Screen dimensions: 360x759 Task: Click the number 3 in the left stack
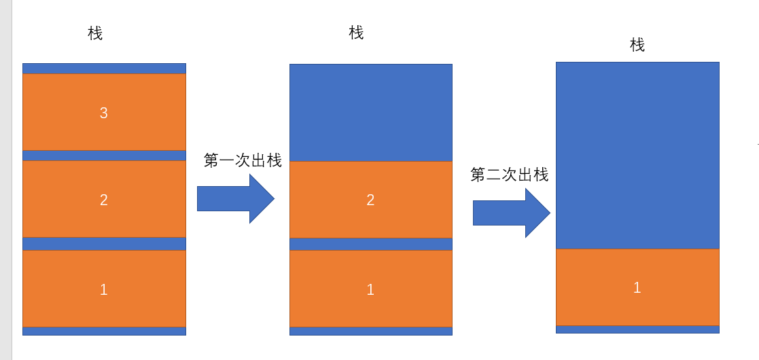pyautogui.click(x=104, y=113)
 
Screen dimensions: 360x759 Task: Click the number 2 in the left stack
pyautogui.click(x=104, y=200)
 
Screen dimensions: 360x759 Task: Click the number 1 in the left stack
pyautogui.click(x=104, y=290)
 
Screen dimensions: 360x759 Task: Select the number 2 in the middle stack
pyautogui.click(x=370, y=200)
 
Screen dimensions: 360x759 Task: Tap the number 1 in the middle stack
pyautogui.click(x=370, y=290)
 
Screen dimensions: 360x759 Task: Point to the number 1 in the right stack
pyautogui.click(x=637, y=287)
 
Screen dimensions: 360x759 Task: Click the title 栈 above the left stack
pyautogui.click(x=95, y=33)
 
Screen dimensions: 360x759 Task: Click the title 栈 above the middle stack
pyautogui.click(x=356, y=33)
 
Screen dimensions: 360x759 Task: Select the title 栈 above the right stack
pyautogui.click(x=637, y=46)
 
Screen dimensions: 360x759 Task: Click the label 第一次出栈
pyautogui.click(x=243, y=161)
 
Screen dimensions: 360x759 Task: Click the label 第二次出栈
pyautogui.click(x=509, y=175)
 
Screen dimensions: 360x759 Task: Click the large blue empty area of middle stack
pyautogui.click(x=370, y=112)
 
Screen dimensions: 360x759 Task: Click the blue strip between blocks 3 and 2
pyautogui.click(x=104, y=156)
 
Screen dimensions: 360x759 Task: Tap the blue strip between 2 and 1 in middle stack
pyautogui.click(x=370, y=244)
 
